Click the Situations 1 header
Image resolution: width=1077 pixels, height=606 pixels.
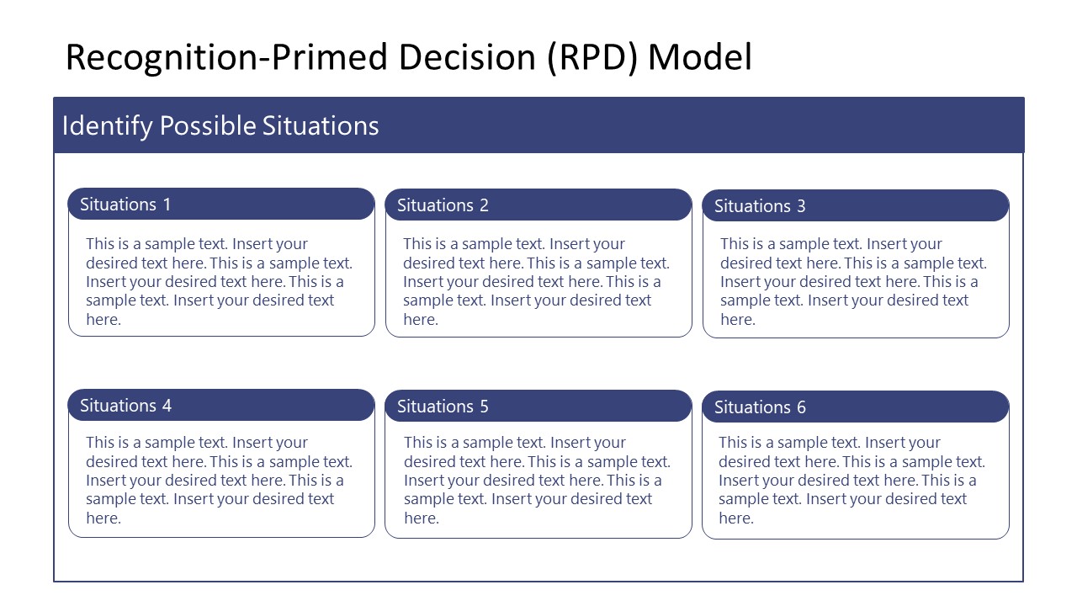coord(220,205)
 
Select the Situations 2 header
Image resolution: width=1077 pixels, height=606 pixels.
coord(538,205)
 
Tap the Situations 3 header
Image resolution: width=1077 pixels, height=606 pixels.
coord(855,206)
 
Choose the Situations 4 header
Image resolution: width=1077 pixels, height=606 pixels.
coord(220,406)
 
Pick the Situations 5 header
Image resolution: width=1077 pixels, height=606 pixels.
coord(538,407)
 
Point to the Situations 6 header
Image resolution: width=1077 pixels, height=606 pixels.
coord(855,407)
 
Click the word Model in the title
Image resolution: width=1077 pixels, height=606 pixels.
coord(699,57)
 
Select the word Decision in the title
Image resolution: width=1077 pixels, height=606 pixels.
coord(468,57)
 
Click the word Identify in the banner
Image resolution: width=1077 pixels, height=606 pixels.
coord(107,126)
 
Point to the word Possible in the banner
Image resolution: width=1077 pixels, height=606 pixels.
coord(207,126)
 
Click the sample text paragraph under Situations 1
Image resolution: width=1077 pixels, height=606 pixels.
coord(219,282)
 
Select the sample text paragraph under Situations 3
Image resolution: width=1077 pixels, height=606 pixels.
coord(853,282)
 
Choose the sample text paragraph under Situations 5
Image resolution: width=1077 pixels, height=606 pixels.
coord(537,481)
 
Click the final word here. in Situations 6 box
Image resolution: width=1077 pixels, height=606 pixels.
coord(735,518)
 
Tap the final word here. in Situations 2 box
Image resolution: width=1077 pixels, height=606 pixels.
coord(420,320)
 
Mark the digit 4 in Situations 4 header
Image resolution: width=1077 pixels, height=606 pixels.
coord(167,406)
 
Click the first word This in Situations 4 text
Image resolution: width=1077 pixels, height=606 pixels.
coord(99,443)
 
